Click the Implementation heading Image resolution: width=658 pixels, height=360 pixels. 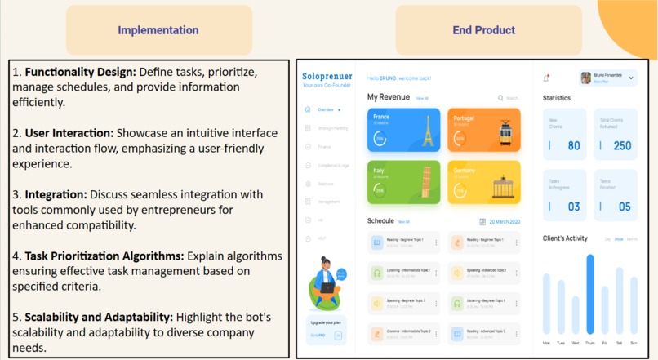coord(158,30)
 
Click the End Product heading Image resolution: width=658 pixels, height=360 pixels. coord(483,30)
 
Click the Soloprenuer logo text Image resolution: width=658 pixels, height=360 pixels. coord(327,76)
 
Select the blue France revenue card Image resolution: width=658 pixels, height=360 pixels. coord(403,129)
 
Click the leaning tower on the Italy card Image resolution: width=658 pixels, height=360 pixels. coord(425,183)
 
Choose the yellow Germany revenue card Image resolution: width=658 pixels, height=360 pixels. coord(483,182)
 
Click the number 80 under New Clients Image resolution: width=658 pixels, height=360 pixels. coord(574,146)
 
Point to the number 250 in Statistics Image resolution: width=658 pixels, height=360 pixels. coord(622,146)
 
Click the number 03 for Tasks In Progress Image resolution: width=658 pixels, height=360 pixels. coord(574,207)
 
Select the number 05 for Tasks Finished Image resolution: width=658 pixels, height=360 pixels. coord(624,207)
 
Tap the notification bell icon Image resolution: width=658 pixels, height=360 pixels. coord(546,78)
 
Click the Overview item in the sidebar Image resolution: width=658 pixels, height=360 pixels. coord(324,109)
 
